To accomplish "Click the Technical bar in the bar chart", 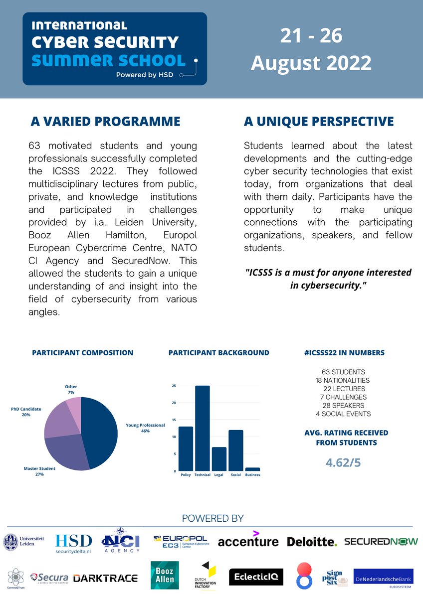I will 202,428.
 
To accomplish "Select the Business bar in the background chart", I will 252,469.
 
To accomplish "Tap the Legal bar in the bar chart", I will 219,458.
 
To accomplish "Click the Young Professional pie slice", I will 100,429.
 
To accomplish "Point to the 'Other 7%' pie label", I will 71,390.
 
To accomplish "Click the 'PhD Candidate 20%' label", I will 26,412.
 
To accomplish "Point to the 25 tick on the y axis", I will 174,386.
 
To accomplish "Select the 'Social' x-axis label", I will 236,475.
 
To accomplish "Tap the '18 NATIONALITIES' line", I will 342,380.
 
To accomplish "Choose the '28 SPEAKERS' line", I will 343,405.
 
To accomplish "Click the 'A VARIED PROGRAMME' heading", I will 105,122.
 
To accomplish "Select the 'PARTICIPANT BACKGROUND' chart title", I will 218,352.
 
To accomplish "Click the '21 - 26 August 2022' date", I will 311,50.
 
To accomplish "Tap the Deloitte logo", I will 312,542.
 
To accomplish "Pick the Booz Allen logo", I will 165,576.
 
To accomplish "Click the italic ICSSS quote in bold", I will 328,279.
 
